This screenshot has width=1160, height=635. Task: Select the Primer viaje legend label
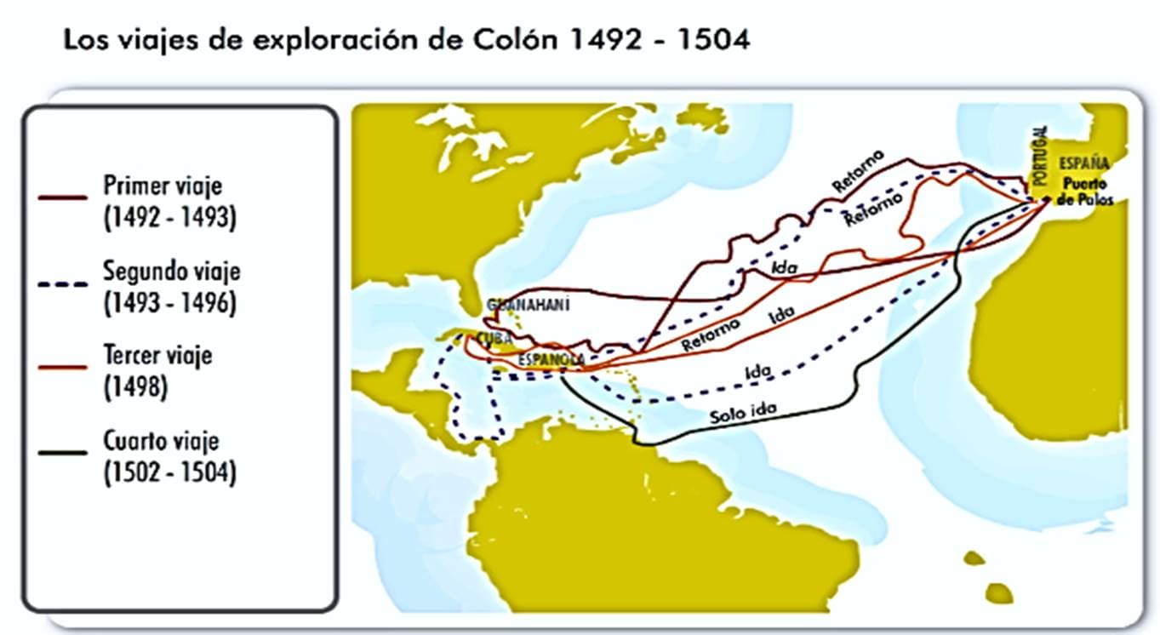163,185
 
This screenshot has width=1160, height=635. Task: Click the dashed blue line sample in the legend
63,284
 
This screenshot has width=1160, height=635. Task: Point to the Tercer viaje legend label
158,355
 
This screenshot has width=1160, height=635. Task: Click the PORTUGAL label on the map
1039,156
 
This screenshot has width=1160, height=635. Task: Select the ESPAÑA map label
1084,163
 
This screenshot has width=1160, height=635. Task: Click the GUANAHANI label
528,305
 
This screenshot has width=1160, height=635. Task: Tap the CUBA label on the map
494,339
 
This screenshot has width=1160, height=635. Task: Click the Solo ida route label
743,413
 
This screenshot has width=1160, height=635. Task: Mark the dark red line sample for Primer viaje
63,197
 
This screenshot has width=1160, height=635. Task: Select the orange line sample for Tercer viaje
63,367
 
